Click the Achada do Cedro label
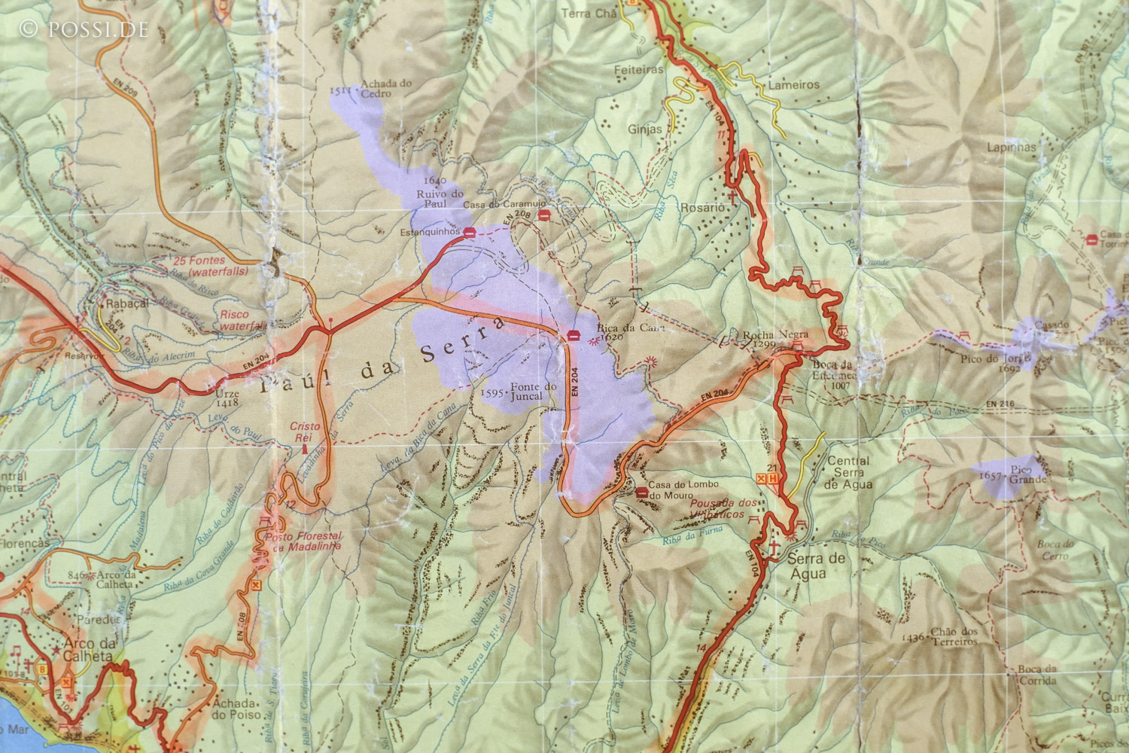[385, 89]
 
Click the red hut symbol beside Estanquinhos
[469, 233]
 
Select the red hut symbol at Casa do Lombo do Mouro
[641, 492]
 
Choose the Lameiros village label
[793, 85]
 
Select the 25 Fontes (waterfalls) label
[202, 266]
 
